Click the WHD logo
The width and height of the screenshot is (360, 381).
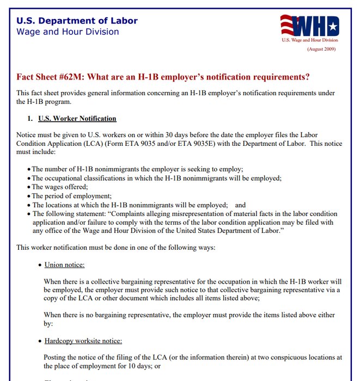(309, 26)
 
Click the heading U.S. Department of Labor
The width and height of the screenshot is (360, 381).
(77, 21)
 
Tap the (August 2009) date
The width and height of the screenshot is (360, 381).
(321, 49)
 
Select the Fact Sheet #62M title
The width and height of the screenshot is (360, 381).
(163, 77)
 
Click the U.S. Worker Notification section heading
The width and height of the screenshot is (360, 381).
(77, 119)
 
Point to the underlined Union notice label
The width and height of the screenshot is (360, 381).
(64, 265)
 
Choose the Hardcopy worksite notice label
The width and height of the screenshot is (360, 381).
(83, 341)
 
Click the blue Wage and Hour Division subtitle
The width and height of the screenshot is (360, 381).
(68, 32)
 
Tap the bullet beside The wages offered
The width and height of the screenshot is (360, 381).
(29, 187)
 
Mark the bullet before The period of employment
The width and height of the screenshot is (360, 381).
(29, 196)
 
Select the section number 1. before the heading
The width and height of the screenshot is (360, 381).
(30, 119)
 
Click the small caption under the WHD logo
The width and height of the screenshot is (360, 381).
(309, 40)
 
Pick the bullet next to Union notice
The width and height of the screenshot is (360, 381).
(40, 266)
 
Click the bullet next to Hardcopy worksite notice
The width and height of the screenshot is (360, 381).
(40, 341)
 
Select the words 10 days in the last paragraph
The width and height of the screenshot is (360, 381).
(144, 366)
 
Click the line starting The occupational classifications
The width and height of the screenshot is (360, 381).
(156, 178)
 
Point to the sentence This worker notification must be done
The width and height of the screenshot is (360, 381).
(116, 248)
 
